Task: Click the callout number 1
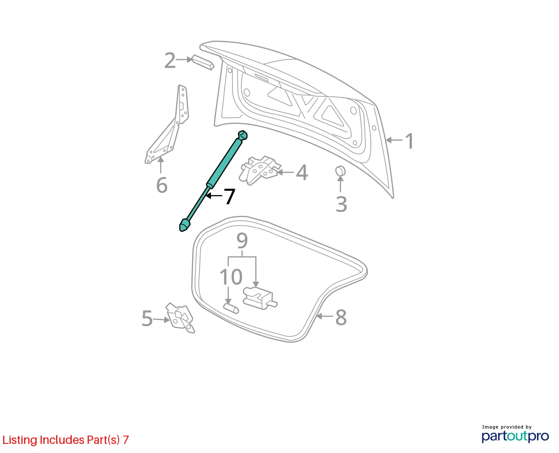(x=409, y=141)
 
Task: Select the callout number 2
(x=170, y=60)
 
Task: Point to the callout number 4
(x=302, y=173)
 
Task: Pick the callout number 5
(x=147, y=318)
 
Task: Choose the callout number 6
(x=162, y=185)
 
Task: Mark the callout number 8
(x=341, y=317)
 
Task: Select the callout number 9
(x=242, y=241)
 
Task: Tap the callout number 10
(x=231, y=277)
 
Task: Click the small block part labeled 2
(x=203, y=62)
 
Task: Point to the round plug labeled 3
(x=340, y=171)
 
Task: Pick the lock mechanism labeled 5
(x=180, y=318)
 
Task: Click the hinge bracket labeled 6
(x=167, y=124)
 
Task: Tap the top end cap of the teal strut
(x=243, y=135)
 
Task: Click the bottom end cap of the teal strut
(x=185, y=225)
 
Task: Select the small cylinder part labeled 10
(x=231, y=308)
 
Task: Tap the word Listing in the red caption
(x=20, y=440)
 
